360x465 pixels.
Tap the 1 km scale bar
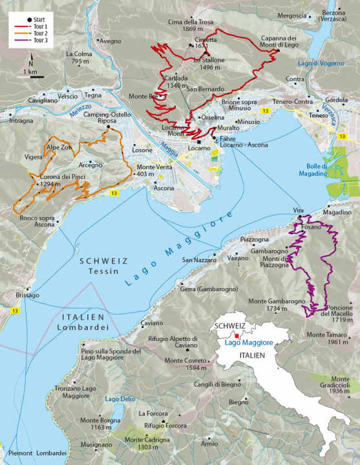click(x=31, y=76)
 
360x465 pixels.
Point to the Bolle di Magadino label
click(x=313, y=169)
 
